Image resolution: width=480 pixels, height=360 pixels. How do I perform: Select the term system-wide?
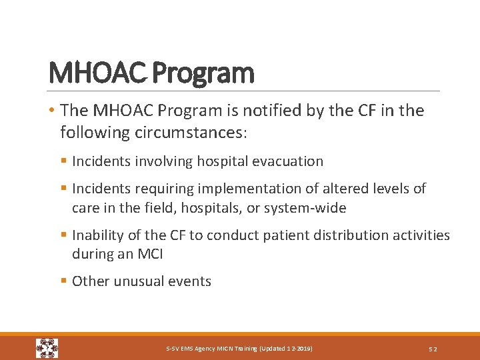[x=305, y=208]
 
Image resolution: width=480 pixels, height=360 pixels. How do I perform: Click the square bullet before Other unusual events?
[x=63, y=281]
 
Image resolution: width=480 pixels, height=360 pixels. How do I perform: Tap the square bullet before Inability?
[x=63, y=235]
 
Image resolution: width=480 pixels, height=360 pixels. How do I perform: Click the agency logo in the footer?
[x=47, y=348]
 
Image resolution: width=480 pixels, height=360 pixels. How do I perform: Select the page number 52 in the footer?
[x=433, y=349]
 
